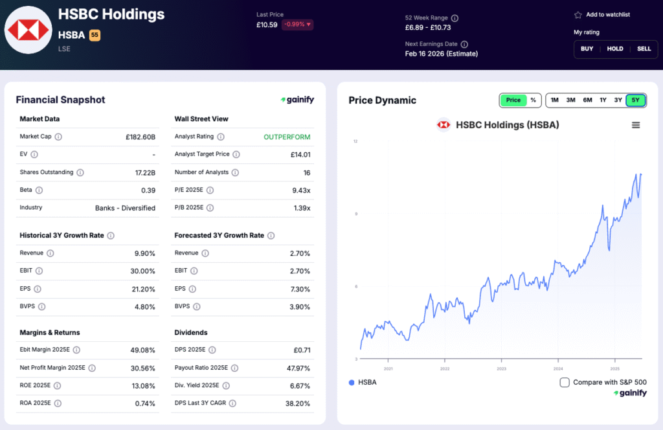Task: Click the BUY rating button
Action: [587, 49]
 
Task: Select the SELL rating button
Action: [644, 49]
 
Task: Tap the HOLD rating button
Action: [615, 49]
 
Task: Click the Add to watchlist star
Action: [578, 15]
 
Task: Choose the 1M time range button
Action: [555, 100]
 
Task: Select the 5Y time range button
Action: [635, 100]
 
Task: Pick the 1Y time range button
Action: [603, 100]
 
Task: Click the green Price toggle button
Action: [513, 100]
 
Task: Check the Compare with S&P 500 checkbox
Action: [565, 382]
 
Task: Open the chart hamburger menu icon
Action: [635, 125]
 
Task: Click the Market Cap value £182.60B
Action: [140, 137]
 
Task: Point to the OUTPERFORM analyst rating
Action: [287, 137]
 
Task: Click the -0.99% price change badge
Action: [297, 25]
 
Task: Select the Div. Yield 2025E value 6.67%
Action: [300, 385]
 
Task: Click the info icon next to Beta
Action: [39, 190]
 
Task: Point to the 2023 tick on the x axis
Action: [502, 368]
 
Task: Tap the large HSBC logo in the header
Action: [28, 30]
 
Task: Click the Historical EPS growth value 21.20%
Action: [143, 289]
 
